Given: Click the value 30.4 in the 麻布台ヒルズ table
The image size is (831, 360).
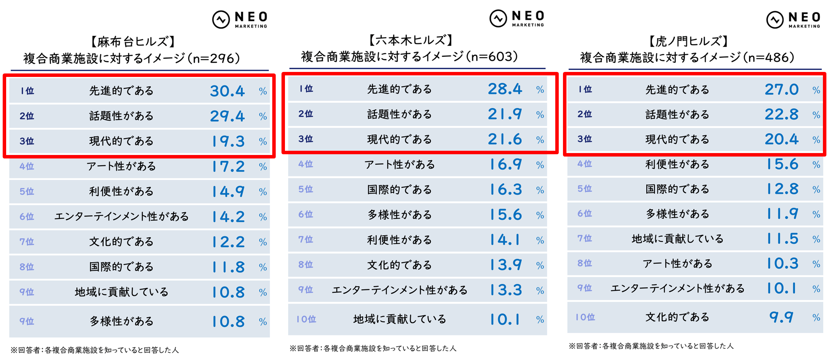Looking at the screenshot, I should click(227, 91).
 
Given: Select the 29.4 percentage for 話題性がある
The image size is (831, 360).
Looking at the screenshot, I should click(227, 116).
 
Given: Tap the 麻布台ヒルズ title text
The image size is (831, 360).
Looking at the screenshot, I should click(133, 42).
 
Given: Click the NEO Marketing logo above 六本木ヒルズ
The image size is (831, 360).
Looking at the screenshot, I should click(517, 18).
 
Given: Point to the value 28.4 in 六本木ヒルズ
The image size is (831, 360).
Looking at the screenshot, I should click(505, 89).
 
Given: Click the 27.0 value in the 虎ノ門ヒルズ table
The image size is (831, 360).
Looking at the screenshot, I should click(781, 90).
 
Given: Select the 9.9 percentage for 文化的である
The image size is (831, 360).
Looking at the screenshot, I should click(781, 317).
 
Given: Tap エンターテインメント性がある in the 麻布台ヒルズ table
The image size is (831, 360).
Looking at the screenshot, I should click(122, 217).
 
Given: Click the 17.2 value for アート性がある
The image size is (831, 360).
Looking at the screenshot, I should click(228, 167).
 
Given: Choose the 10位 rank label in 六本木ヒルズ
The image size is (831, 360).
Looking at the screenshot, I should click(306, 319).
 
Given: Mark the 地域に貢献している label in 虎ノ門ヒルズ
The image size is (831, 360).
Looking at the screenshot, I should click(678, 239).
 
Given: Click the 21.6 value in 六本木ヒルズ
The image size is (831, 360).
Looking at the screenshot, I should click(505, 139).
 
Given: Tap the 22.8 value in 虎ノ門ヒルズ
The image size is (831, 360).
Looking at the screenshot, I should click(781, 115).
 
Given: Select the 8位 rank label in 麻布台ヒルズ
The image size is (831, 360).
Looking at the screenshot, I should click(27, 267).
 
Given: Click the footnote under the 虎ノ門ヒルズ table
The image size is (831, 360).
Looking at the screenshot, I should click(651, 346).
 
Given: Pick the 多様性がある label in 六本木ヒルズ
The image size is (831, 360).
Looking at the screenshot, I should click(400, 215).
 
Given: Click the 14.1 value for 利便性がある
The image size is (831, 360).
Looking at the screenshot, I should click(505, 240).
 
